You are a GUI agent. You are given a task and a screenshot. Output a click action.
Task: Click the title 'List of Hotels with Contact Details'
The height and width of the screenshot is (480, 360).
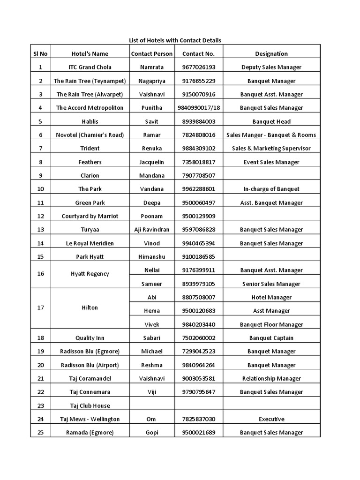(175, 40)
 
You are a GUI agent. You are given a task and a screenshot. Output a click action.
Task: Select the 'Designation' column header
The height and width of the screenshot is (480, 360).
(271, 54)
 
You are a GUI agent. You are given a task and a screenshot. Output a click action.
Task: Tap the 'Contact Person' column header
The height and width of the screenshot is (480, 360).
(152, 54)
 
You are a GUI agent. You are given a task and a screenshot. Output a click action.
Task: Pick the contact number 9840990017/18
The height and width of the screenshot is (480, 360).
(199, 108)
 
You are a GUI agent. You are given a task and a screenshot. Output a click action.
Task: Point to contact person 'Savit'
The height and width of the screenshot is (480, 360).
(152, 122)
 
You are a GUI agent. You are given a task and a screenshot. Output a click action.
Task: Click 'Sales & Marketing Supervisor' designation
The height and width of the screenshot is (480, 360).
(271, 149)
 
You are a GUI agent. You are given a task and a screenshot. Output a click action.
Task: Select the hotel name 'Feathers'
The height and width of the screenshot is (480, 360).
(90, 162)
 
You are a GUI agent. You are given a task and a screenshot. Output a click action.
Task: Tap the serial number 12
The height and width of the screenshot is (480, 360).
(40, 217)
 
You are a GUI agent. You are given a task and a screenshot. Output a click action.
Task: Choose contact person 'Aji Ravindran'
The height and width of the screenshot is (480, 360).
(152, 230)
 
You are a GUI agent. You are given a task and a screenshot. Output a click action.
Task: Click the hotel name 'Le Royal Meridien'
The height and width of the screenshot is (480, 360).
(90, 244)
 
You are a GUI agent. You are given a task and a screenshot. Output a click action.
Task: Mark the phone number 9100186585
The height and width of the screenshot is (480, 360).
(199, 257)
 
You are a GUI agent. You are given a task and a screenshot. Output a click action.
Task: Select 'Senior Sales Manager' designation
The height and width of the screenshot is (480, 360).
(271, 284)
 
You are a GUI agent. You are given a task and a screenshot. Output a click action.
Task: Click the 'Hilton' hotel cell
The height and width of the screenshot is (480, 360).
(90, 308)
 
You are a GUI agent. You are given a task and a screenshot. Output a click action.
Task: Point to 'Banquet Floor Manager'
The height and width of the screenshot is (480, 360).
(271, 325)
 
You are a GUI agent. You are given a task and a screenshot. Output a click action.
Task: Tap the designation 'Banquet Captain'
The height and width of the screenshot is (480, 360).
(271, 338)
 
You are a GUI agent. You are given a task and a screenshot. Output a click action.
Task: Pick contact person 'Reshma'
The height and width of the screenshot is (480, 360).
(152, 366)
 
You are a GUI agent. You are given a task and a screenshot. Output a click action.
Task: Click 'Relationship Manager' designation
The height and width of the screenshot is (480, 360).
(271, 379)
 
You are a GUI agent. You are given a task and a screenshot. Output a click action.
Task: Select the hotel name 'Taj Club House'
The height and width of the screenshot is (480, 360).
(90, 406)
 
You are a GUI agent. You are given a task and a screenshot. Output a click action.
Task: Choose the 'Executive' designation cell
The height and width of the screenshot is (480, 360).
(271, 420)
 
